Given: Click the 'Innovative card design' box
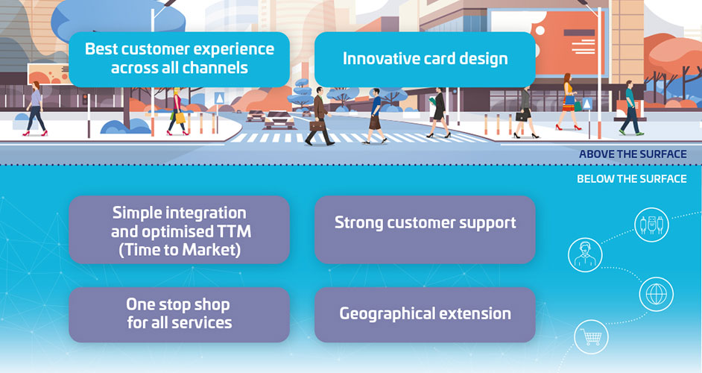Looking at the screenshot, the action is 425,59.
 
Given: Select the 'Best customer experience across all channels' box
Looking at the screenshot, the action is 179,59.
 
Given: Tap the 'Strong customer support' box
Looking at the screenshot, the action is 425,230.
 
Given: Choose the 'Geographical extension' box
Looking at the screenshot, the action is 425,315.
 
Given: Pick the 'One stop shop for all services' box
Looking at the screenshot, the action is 179,315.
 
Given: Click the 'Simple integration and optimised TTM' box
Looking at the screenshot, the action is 179,230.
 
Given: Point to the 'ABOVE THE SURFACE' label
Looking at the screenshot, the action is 633,154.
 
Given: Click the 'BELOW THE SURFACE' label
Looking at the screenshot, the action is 632,179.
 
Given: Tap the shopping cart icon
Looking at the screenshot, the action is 591,337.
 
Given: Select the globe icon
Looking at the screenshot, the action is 657,295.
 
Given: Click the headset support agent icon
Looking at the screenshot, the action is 585,254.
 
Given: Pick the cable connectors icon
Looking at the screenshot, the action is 651,225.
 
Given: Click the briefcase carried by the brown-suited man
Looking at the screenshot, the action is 317,126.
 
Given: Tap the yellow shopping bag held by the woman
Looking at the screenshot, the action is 180,117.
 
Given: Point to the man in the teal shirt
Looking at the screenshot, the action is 632,107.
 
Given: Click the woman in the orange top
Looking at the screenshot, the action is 568,102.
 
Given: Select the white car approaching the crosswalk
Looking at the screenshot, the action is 279,120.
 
